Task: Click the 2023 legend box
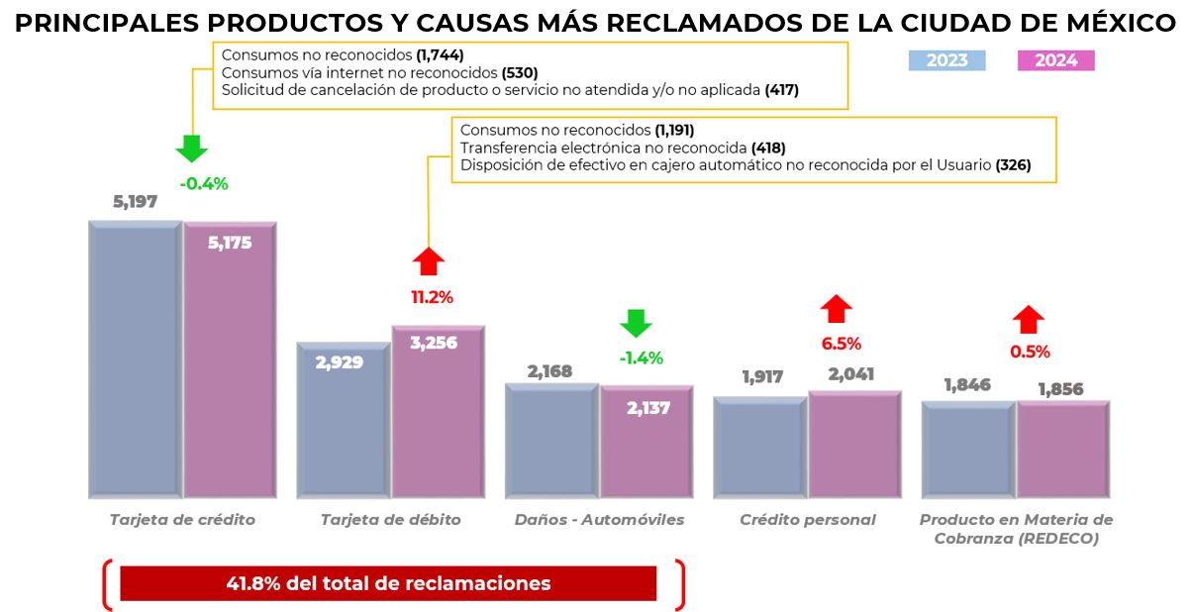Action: pyautogui.click(x=946, y=60)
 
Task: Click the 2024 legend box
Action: pyautogui.click(x=1055, y=60)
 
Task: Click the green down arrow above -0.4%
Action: pyautogui.click(x=192, y=149)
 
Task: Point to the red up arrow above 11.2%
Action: pyautogui.click(x=429, y=261)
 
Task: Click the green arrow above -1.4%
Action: pyautogui.click(x=636, y=324)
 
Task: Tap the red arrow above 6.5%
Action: pyautogui.click(x=837, y=309)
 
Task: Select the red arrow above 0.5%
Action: pyautogui.click(x=1029, y=319)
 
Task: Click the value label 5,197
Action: pyautogui.click(x=136, y=202)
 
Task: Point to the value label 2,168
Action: pyautogui.click(x=550, y=371)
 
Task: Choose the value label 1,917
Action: pyautogui.click(x=761, y=376)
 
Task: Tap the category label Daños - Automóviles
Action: pyautogui.click(x=599, y=520)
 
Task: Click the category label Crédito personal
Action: pyautogui.click(x=808, y=520)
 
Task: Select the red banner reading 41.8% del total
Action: pyautogui.click(x=388, y=583)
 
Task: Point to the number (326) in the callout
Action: pyautogui.click(x=1013, y=165)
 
